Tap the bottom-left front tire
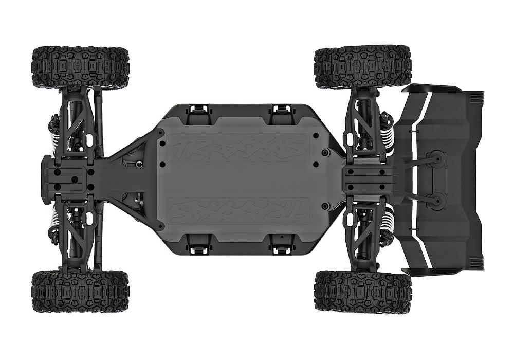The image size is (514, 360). point(80,292)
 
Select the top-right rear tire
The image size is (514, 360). point(363,67)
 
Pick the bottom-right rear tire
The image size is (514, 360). point(363,292)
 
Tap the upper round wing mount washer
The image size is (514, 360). point(436,160)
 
